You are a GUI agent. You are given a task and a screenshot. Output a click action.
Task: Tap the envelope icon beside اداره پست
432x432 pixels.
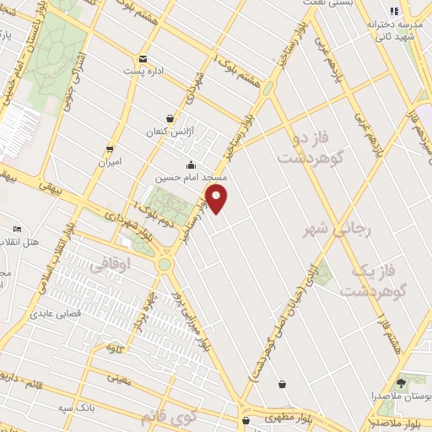pos(143,59)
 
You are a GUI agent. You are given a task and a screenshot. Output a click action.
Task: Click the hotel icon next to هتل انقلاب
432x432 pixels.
pos(17,229)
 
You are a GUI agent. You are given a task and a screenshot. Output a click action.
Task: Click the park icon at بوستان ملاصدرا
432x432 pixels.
pos(400,382)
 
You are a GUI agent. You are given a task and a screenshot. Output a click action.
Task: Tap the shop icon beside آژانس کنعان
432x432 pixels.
pos(171,119)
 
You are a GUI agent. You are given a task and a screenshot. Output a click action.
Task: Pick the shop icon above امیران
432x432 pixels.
pos(109,148)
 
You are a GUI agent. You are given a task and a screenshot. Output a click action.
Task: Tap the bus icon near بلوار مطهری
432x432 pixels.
pos(245,419)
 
